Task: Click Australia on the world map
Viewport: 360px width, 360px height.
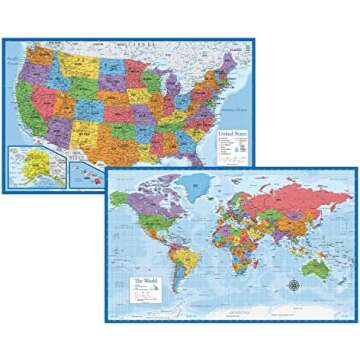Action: point(318,271)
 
